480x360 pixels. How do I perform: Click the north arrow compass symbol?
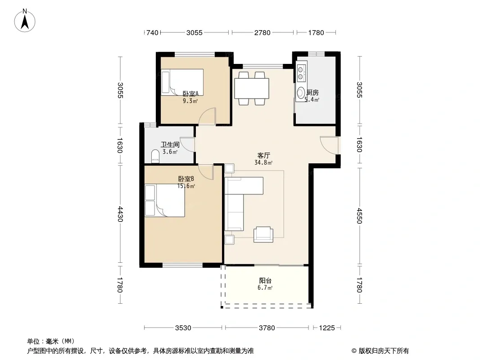pos(25,21)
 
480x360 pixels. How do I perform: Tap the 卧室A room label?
pos(190,94)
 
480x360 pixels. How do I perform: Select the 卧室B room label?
pos(186,179)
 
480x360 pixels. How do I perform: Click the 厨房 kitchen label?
pos(312,92)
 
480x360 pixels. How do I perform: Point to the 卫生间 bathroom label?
pos(170,144)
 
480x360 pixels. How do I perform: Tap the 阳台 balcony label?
pos(265,280)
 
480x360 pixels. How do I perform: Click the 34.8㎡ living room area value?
pos(263,163)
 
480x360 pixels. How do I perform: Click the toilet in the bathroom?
pos(155,156)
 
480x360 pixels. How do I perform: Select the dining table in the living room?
pos(252,88)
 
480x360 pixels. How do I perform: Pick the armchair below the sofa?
pos(263,234)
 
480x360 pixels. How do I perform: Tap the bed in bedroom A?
pos(182,82)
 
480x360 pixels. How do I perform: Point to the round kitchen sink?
pos(301,93)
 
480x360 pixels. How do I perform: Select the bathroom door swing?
pos(187,144)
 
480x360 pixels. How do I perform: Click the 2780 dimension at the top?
pos(263,32)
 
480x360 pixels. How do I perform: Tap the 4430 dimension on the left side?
pos(120,214)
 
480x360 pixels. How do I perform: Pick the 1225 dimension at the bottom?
pos(326,328)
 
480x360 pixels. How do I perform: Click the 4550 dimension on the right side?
pos(359,216)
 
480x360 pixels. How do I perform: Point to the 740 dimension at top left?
pos(152,32)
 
